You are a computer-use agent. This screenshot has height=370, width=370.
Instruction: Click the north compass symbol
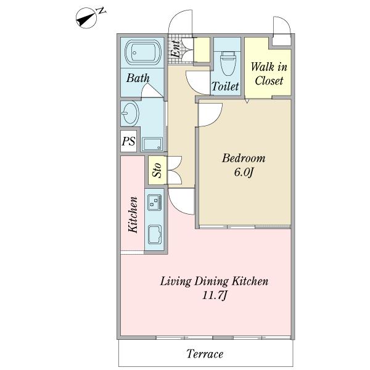click(86, 18)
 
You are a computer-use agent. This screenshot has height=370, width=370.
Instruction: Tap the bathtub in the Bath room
click(143, 52)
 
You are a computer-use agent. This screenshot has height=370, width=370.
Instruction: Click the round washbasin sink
click(130, 113)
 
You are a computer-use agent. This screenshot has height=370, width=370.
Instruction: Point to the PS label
click(129, 141)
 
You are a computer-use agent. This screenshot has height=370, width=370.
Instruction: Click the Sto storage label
click(157, 170)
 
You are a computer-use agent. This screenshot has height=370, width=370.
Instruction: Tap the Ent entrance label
click(176, 49)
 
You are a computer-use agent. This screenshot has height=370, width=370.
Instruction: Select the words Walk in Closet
click(269, 74)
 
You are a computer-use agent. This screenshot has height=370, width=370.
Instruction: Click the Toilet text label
click(225, 86)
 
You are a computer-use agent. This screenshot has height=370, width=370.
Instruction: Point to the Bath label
click(138, 78)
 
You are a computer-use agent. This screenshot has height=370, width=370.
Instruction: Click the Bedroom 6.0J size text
click(244, 173)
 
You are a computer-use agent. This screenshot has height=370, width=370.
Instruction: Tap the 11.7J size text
click(215, 295)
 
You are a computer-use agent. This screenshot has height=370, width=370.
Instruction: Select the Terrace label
click(205, 354)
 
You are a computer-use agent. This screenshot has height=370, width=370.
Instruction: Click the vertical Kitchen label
click(133, 215)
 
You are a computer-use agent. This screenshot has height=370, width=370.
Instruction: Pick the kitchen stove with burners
click(154, 202)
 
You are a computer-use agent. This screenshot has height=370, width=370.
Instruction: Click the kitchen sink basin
click(155, 234)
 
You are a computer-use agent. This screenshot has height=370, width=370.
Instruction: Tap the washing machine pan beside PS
click(152, 144)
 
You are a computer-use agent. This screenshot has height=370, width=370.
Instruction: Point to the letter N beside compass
click(102, 10)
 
